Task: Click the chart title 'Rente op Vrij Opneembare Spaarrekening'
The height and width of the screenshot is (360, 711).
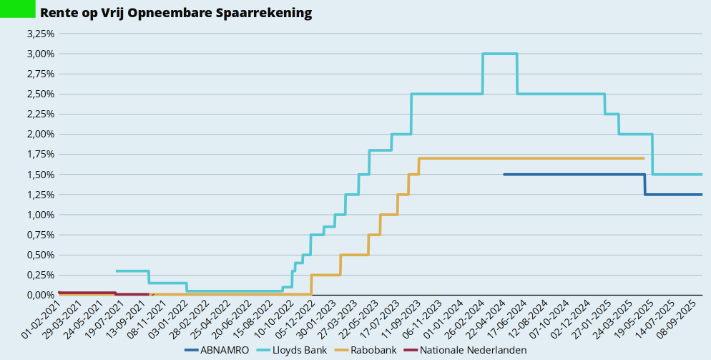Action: [x=176, y=14]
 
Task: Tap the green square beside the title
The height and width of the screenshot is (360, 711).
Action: [x=17, y=9]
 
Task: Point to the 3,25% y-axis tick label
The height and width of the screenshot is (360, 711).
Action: [x=41, y=34]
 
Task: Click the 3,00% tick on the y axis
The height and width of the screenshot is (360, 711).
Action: [x=41, y=54]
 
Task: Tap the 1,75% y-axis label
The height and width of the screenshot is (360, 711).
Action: [x=41, y=155]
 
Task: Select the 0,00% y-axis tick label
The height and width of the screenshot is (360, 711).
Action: [x=41, y=295]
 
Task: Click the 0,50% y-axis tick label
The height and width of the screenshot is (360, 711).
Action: [x=41, y=255]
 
